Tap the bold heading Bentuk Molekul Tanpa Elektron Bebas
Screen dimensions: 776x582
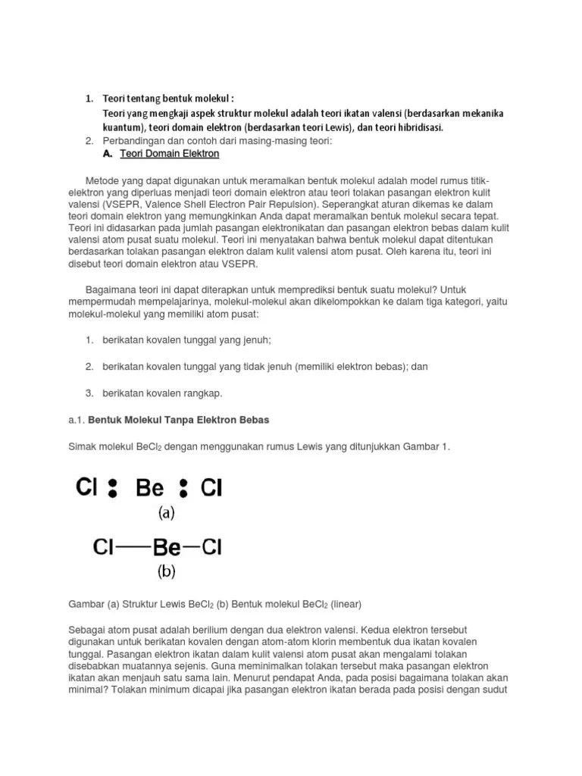[179, 419]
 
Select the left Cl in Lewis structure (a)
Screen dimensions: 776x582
[87, 487]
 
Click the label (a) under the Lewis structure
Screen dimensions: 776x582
[166, 513]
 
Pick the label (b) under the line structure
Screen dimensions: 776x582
[166, 572]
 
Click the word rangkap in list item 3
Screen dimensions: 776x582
[202, 393]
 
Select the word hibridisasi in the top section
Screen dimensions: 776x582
[419, 127]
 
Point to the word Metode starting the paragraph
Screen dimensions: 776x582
[103, 182]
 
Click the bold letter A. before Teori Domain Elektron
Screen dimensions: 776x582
[107, 154]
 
